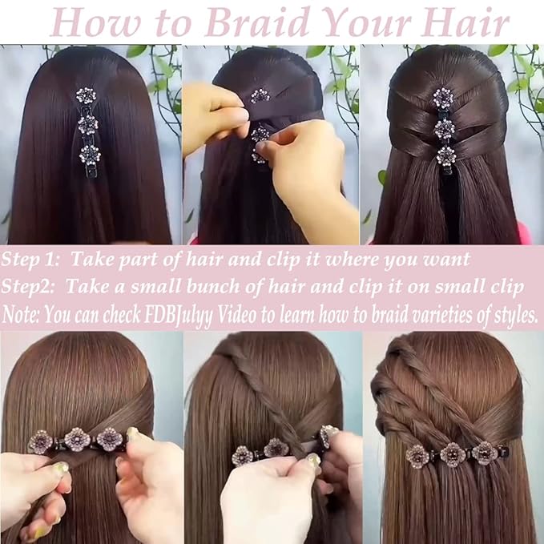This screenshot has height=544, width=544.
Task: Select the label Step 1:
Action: [31, 260]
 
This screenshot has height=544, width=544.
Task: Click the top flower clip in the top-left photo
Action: [86, 97]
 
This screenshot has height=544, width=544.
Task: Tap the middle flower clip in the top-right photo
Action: [444, 127]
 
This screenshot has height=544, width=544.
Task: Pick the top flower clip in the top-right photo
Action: [442, 98]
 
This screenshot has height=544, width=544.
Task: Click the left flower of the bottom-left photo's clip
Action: [40, 441]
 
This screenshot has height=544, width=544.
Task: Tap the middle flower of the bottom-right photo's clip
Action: [453, 453]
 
